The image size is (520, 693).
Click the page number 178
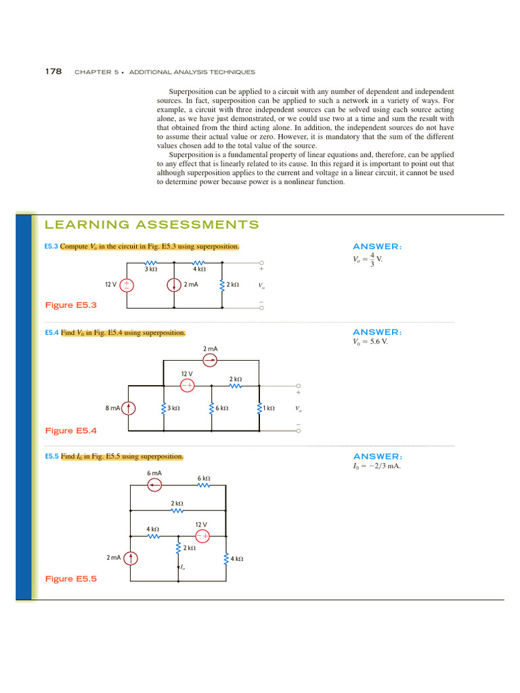click(x=53, y=71)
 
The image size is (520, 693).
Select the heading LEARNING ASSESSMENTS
click(x=152, y=225)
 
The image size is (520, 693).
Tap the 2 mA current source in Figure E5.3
click(x=173, y=285)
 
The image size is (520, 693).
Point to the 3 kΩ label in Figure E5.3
click(x=151, y=269)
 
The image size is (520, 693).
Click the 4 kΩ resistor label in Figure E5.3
click(x=198, y=269)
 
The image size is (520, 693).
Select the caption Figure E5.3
click(x=70, y=305)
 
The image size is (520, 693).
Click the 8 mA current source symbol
click(x=131, y=408)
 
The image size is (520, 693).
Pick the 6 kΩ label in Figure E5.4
click(x=221, y=408)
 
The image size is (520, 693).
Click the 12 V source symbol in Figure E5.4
click(x=187, y=385)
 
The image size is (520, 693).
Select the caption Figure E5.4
click(x=70, y=430)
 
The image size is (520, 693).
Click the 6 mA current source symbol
click(x=154, y=485)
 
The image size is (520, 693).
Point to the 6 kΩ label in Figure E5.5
click(x=204, y=478)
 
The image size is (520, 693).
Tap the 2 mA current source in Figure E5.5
click(x=131, y=558)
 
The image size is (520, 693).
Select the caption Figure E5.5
click(x=70, y=579)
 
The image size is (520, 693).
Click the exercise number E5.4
click(x=51, y=333)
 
